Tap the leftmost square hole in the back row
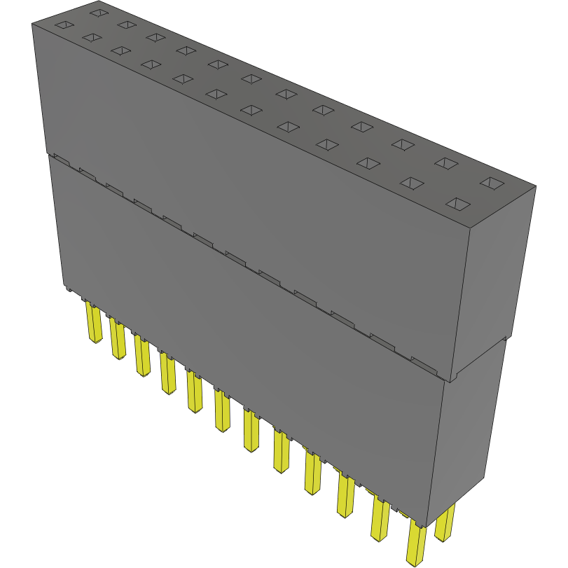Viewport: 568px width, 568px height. click(99, 12)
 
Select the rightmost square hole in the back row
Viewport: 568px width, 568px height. click(493, 183)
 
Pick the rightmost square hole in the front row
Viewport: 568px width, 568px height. click(458, 204)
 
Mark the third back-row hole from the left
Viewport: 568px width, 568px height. click(155, 36)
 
